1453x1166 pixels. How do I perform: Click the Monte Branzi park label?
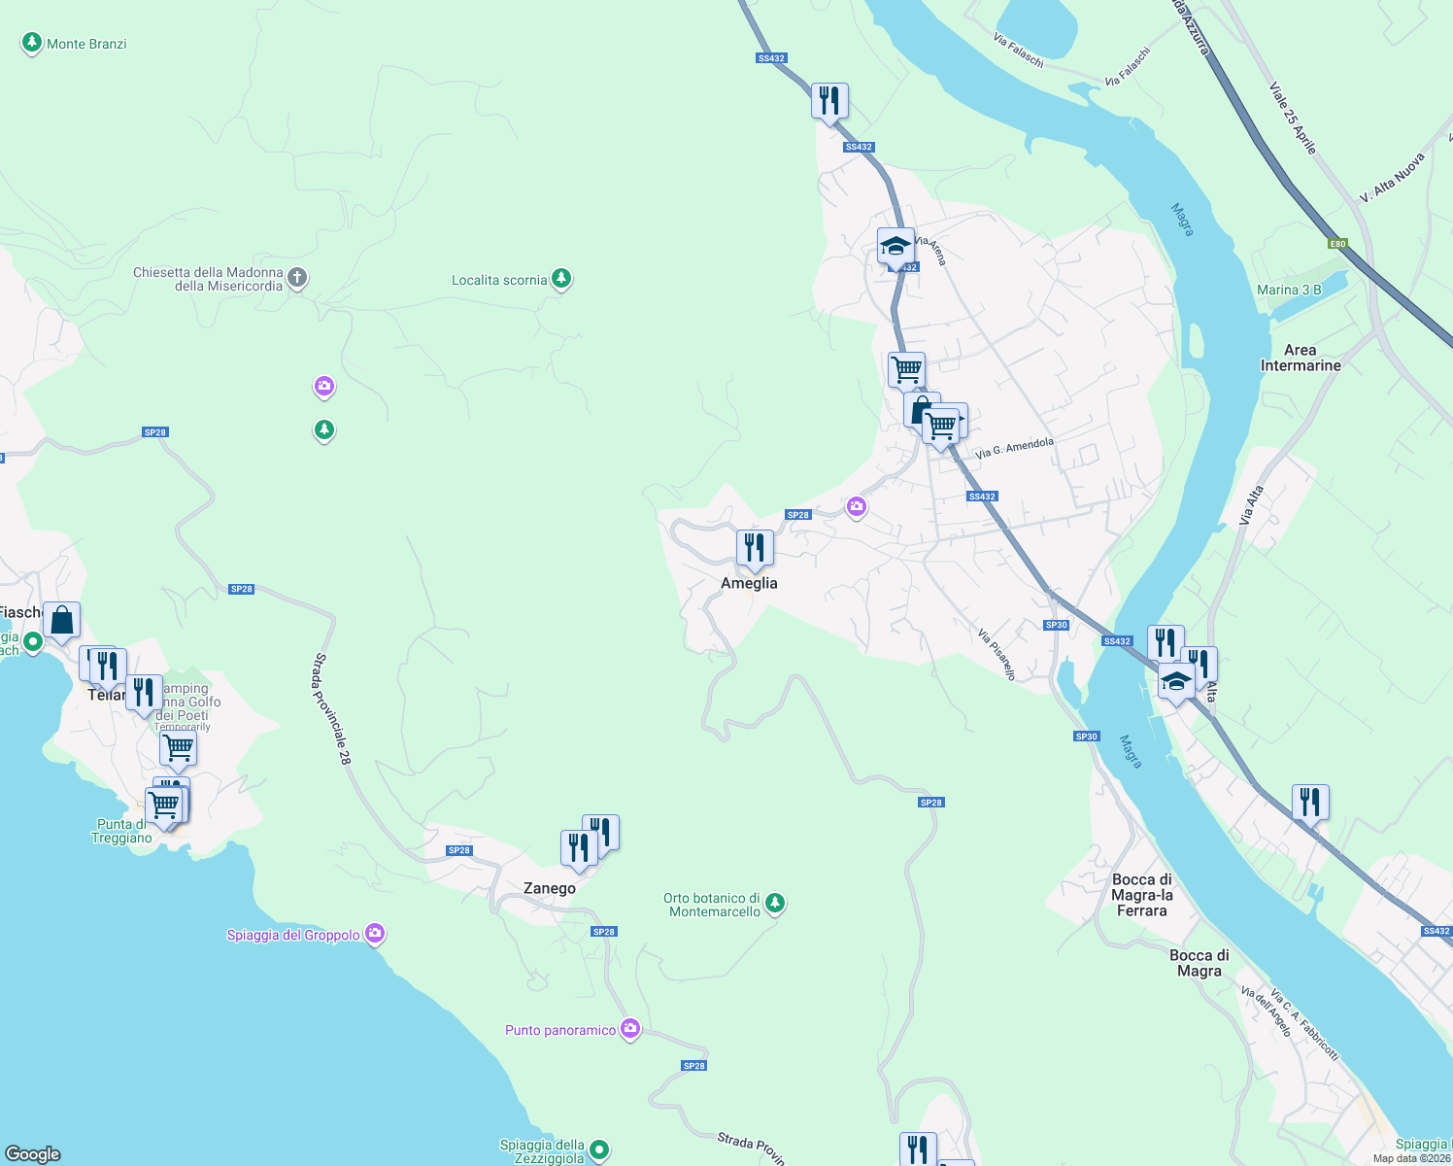click(x=86, y=44)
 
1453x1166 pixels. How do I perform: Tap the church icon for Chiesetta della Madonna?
click(x=298, y=278)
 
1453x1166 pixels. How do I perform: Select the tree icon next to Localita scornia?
click(x=560, y=279)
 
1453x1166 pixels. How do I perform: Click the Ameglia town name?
click(x=749, y=583)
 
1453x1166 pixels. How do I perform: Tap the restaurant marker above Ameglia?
click(x=755, y=548)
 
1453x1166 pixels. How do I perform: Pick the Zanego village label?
click(x=550, y=888)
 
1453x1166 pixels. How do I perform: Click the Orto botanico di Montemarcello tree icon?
click(x=774, y=904)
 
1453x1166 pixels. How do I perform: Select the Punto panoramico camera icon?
click(x=630, y=1028)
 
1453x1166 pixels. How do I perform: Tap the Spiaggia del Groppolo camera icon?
click(x=375, y=934)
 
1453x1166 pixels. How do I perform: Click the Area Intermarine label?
click(x=1300, y=358)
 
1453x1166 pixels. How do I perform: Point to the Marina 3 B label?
click(x=1289, y=290)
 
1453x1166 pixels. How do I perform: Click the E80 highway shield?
click(x=1338, y=244)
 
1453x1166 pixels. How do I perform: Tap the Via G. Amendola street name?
click(x=1014, y=448)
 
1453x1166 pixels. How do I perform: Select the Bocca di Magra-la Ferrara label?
click(x=1142, y=895)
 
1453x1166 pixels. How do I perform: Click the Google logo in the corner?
click(x=33, y=1153)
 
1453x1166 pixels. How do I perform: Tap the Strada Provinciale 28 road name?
click(x=331, y=708)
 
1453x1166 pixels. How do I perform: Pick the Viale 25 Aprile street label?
click(x=1293, y=118)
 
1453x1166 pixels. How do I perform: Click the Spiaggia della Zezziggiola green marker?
click(x=599, y=1150)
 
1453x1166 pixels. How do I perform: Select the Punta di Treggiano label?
click(x=121, y=831)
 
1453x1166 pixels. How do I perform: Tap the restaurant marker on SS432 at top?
click(x=829, y=101)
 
